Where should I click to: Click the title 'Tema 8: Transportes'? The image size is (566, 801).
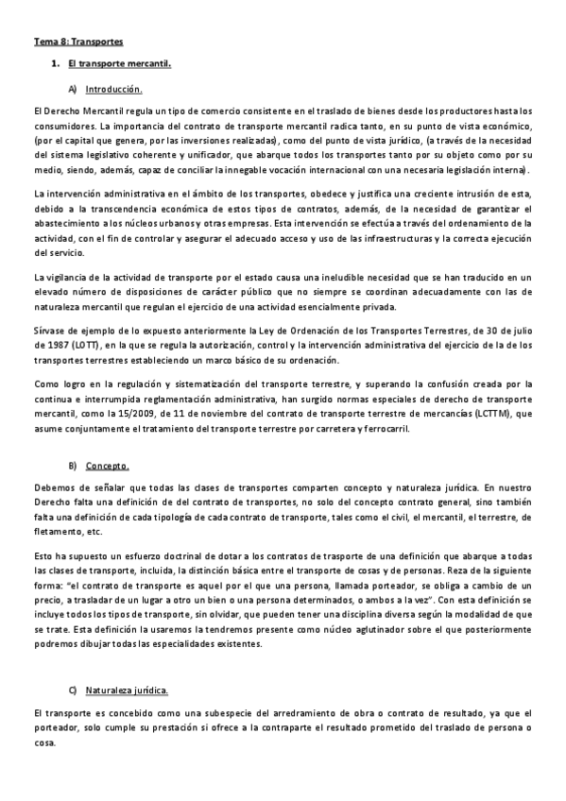tap(77, 43)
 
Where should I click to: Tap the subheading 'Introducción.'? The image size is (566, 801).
tap(113, 90)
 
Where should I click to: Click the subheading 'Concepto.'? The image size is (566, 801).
tap(107, 467)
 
